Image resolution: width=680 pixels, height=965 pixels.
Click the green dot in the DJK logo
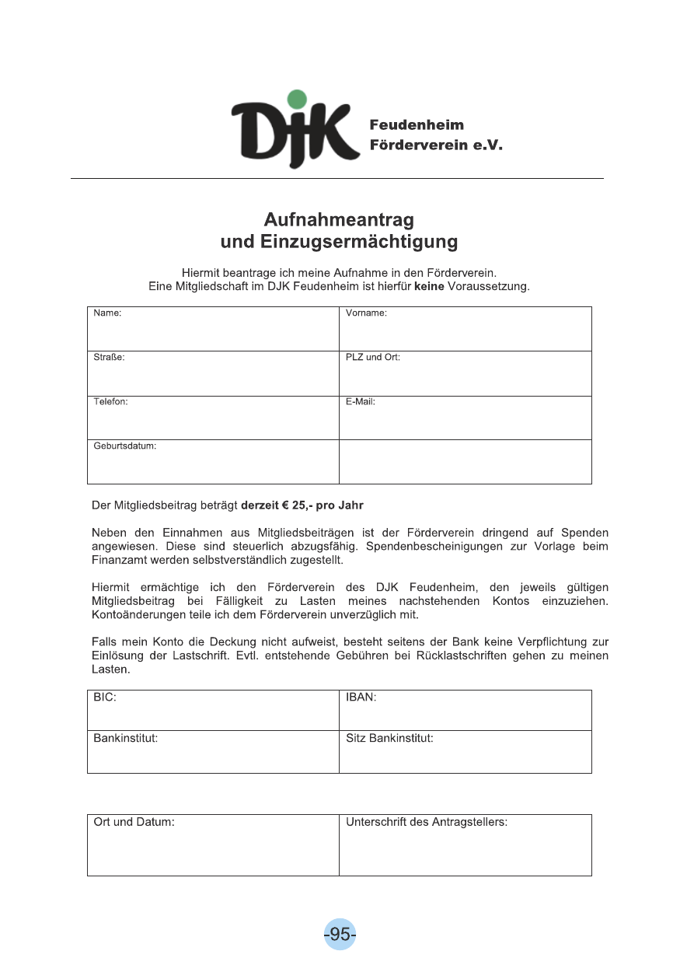pos(296,100)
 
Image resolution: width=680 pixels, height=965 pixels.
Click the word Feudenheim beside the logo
pos(417,125)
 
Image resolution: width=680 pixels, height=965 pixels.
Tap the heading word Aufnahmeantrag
pos(339,219)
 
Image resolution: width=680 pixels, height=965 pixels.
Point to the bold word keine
pos(429,287)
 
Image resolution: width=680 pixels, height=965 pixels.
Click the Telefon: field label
pos(110,402)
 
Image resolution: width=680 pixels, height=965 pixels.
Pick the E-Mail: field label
pos(361,402)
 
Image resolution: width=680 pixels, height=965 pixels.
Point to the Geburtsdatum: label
pos(125,446)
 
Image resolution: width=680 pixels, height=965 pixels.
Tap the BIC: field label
pos(105,698)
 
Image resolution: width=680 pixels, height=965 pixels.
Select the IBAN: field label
pos(361,698)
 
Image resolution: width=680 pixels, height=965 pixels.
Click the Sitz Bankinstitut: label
pos(389,737)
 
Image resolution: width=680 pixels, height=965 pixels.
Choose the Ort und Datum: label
pos(134,822)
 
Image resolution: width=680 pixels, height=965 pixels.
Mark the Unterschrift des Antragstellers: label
pos(426,822)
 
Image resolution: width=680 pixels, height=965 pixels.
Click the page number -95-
pos(340,934)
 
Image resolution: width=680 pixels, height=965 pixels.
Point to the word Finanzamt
pos(117,559)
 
